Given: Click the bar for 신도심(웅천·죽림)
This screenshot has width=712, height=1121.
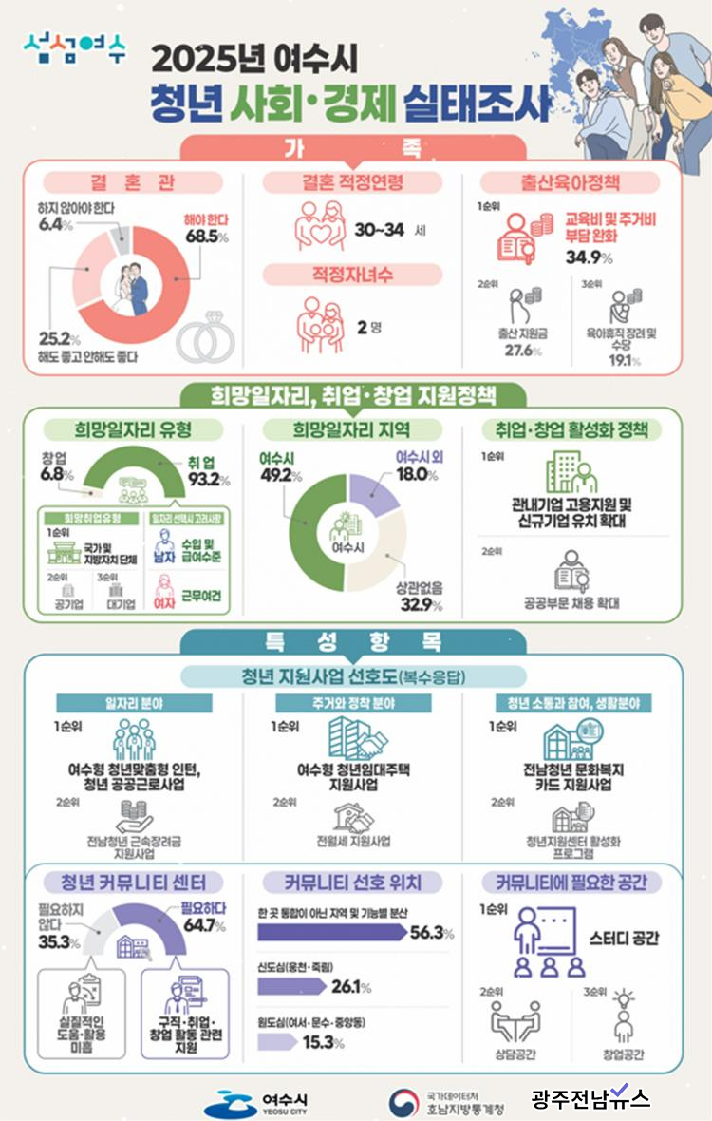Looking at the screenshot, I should click(x=293, y=987).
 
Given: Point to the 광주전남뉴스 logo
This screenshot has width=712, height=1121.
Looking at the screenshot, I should click(x=590, y=1099).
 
